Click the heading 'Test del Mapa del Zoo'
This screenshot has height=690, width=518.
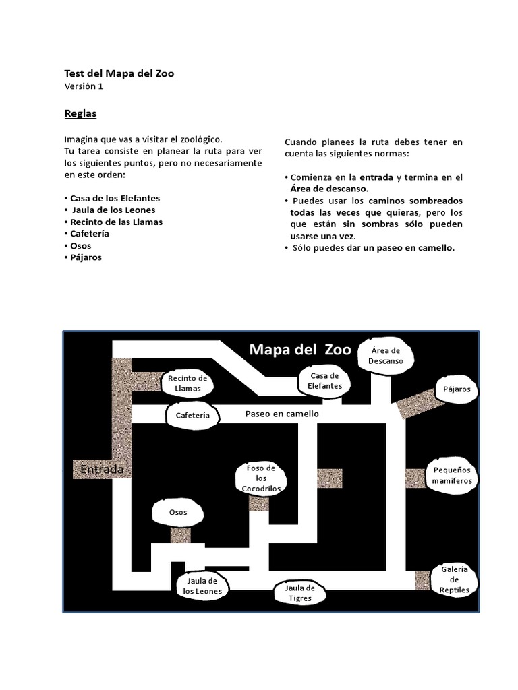119,73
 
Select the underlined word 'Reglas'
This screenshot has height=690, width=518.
80,113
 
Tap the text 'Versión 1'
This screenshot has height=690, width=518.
84,86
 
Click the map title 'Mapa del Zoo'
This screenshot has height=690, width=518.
299,349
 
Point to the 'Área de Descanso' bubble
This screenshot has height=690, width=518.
385,355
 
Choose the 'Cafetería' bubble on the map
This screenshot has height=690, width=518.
193,415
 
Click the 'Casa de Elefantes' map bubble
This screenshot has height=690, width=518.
325,381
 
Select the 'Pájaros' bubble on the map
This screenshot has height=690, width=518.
457,389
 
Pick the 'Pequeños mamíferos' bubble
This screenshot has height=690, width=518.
453,476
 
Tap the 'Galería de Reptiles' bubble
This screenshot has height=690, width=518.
454,579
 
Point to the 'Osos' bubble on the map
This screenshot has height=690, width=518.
177,512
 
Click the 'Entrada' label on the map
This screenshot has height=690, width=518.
101,468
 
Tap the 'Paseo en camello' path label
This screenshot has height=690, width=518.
282,414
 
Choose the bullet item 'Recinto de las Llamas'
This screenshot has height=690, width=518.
116,222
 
